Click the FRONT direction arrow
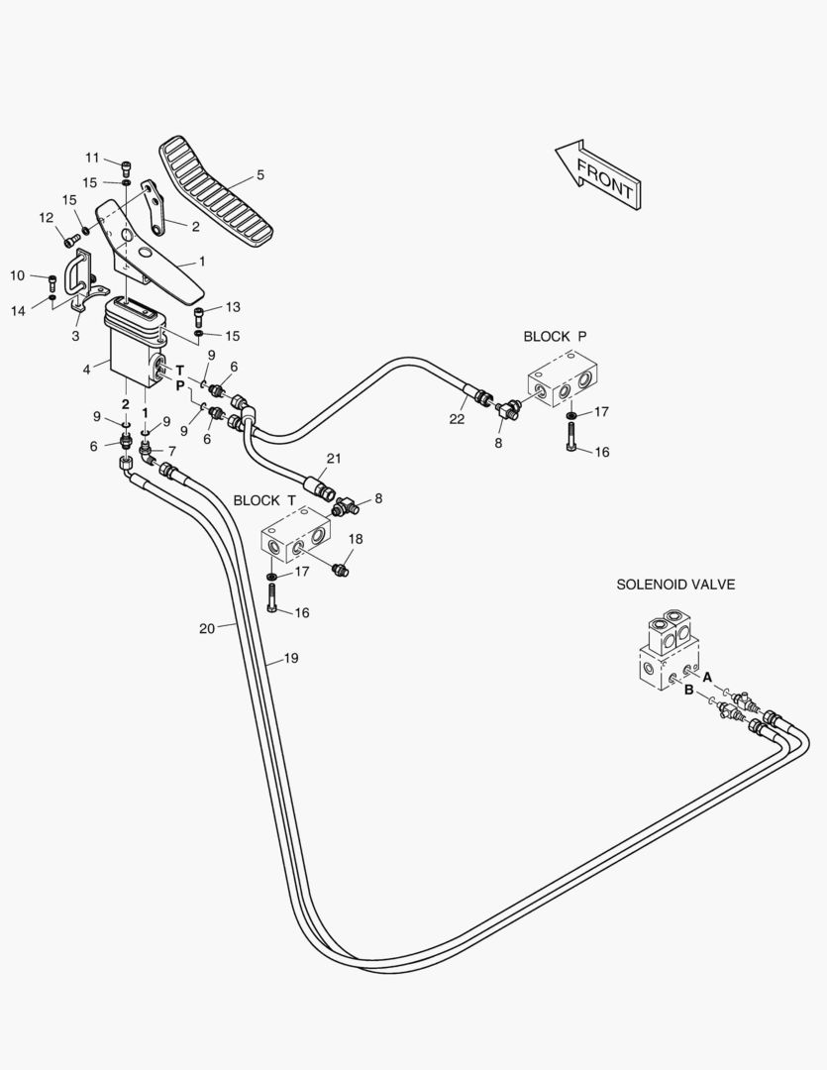[598, 174]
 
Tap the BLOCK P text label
[555, 337]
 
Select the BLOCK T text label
[264, 500]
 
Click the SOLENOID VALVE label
[675, 585]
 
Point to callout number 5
[259, 174]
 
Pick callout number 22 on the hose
[457, 419]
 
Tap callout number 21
[333, 459]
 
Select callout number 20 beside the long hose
[207, 628]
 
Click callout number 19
[291, 659]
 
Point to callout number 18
[356, 539]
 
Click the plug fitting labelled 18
[340, 569]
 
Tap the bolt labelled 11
[126, 166]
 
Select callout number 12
[46, 218]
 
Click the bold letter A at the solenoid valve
[707, 677]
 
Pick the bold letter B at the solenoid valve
[689, 690]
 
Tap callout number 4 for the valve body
[86, 370]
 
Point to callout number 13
[233, 307]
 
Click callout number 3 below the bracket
[75, 336]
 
